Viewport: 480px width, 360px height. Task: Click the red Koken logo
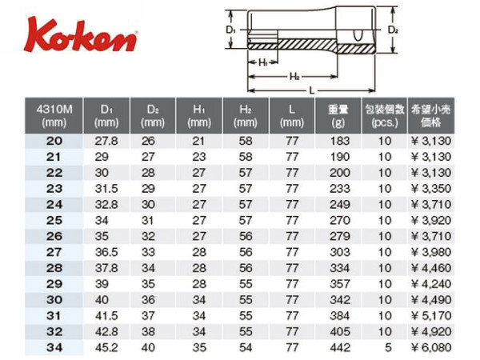pos(81,34)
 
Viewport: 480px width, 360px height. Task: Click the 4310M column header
pos(54,116)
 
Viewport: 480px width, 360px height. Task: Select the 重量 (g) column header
pos(338,116)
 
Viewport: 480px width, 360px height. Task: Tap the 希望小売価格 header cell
pos(430,116)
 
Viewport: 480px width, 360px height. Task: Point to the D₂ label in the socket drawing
pos(393,30)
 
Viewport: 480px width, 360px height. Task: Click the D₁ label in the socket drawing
pos(230,30)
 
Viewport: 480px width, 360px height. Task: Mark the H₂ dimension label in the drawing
pos(294,77)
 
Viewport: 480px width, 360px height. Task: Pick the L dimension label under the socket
pos(312,90)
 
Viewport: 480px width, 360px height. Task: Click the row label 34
pos(54,347)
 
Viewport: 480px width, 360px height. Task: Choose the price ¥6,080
pos(431,347)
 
